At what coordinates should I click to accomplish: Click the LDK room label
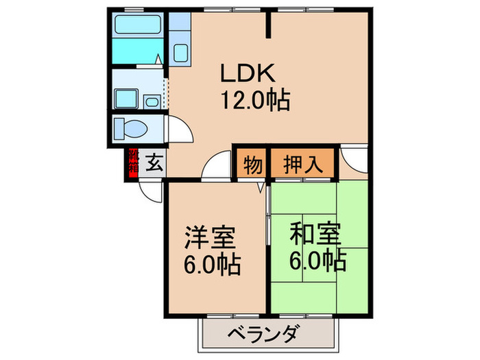[248, 73]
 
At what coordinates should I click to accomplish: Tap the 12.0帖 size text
[254, 101]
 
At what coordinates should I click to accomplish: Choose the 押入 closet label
[302, 165]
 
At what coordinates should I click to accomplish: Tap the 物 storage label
[252, 165]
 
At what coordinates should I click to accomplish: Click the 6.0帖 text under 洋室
[211, 264]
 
